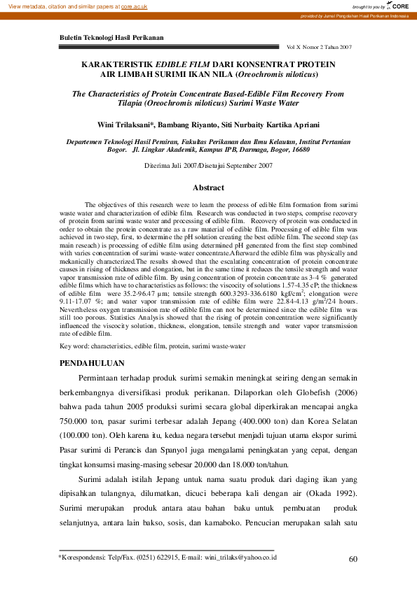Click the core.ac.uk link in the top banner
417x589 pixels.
point(135,6)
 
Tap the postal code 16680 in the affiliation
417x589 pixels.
point(301,149)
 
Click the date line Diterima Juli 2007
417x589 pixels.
point(172,166)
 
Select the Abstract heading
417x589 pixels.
point(208,187)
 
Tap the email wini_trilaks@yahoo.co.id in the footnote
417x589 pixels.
point(240,558)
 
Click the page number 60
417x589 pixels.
point(353,558)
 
